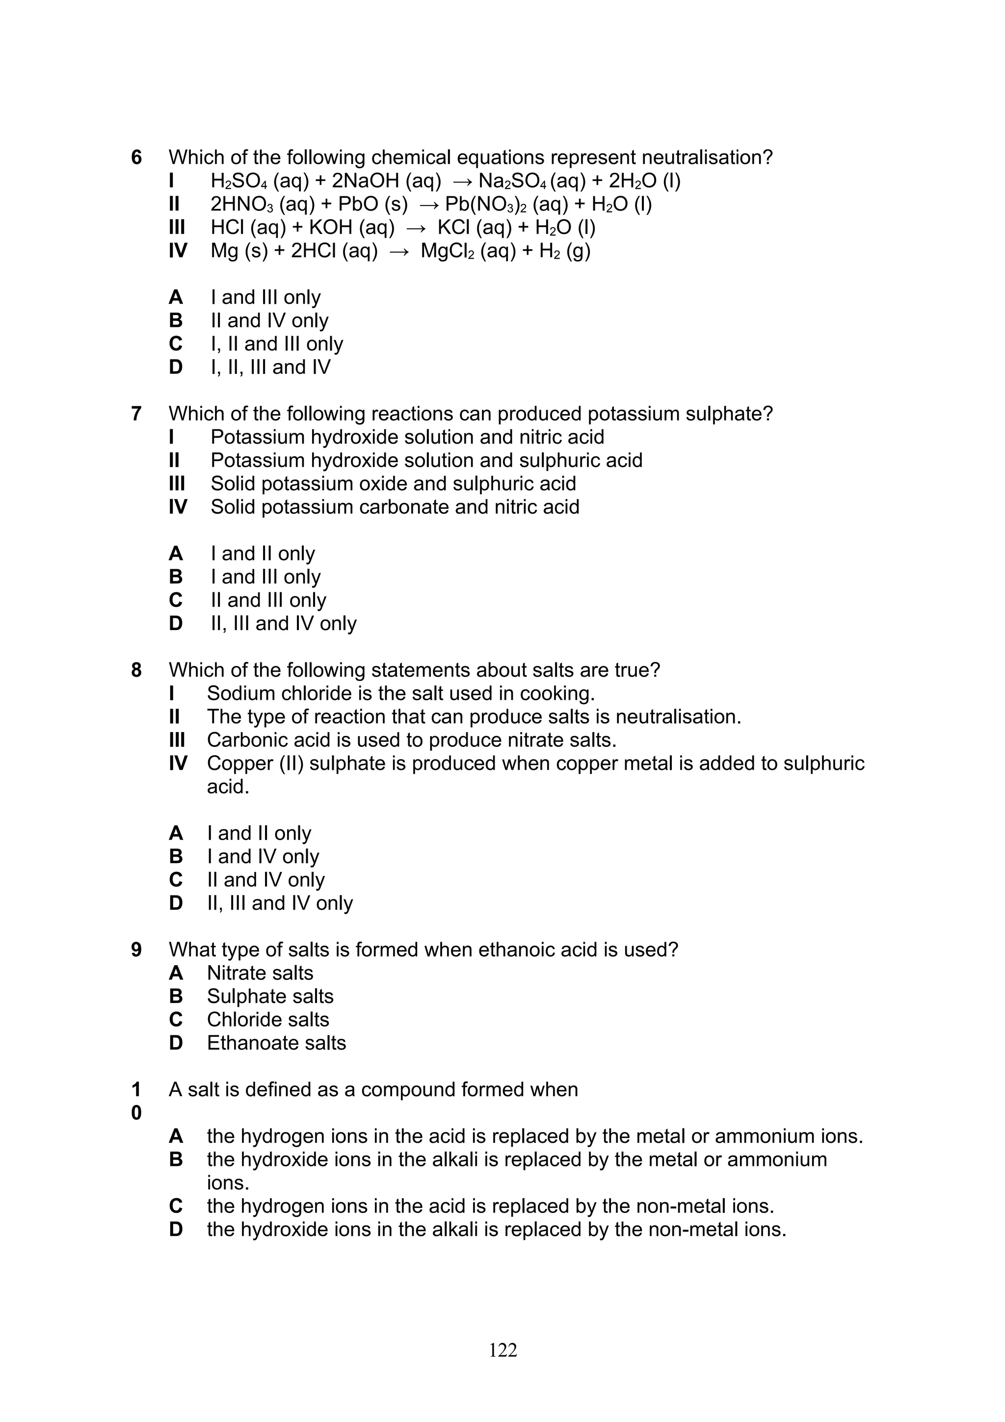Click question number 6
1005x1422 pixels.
pos(136,158)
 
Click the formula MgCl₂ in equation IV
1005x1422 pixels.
pos(447,251)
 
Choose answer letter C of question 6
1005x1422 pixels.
pos(176,344)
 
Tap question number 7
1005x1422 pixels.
pos(136,414)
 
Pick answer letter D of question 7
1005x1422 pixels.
pos(176,624)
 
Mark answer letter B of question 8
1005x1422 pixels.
pos(176,857)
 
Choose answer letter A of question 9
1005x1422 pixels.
pos(176,973)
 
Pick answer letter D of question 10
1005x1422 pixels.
pos(176,1229)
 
